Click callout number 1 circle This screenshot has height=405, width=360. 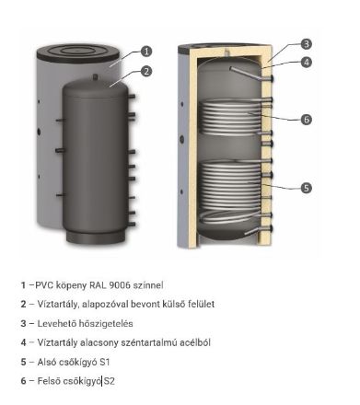(x=146, y=52)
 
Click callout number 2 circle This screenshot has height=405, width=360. (x=146, y=71)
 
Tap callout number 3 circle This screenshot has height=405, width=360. (x=306, y=42)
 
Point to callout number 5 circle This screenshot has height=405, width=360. (x=306, y=188)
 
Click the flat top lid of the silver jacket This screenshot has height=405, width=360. (x=75, y=48)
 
